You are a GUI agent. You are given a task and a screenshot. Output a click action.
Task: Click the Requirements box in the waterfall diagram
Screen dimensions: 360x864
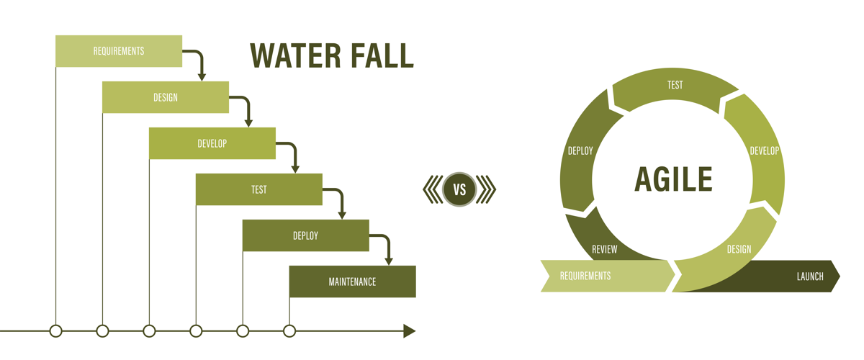tap(119, 51)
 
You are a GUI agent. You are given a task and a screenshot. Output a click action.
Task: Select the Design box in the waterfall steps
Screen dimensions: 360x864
tap(166, 97)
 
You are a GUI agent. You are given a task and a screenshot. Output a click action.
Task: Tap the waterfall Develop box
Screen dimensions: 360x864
tap(212, 143)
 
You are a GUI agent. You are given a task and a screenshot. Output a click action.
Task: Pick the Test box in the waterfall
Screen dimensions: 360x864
tap(259, 189)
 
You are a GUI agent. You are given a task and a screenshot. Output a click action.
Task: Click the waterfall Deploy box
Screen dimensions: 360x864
tap(306, 235)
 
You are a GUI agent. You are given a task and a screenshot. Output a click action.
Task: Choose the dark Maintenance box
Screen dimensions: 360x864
tap(353, 282)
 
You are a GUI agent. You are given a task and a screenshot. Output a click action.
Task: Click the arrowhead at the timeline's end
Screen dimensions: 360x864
tap(409, 331)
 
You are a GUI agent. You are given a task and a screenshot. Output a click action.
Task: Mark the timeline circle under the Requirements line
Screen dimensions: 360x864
tap(56, 331)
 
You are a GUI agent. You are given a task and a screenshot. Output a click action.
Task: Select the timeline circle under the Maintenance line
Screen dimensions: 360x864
tap(289, 331)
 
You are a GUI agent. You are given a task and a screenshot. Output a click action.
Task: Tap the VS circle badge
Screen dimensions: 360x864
tap(459, 190)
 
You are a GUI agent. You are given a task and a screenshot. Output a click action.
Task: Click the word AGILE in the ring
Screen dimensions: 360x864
tap(673, 179)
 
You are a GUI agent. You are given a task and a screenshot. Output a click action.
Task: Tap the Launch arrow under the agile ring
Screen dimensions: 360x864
tap(799, 276)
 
